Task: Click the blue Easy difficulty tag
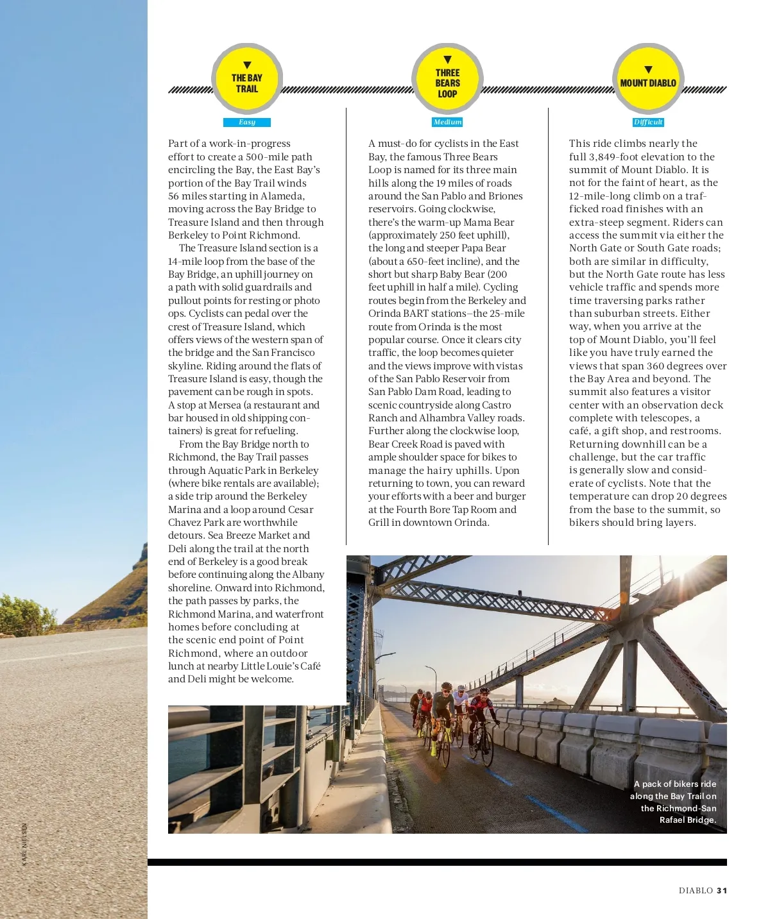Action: [x=247, y=122]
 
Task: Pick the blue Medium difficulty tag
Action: [x=447, y=122]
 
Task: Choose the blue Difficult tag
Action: [x=648, y=122]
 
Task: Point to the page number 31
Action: [x=722, y=890]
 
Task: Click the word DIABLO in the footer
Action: [x=696, y=890]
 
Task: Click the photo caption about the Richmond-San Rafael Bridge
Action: [x=674, y=802]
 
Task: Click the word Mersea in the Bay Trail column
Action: [x=225, y=405]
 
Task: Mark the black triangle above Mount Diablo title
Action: [x=648, y=70]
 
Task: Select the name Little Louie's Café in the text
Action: [x=280, y=666]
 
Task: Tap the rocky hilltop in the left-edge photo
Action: [x=138, y=558]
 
